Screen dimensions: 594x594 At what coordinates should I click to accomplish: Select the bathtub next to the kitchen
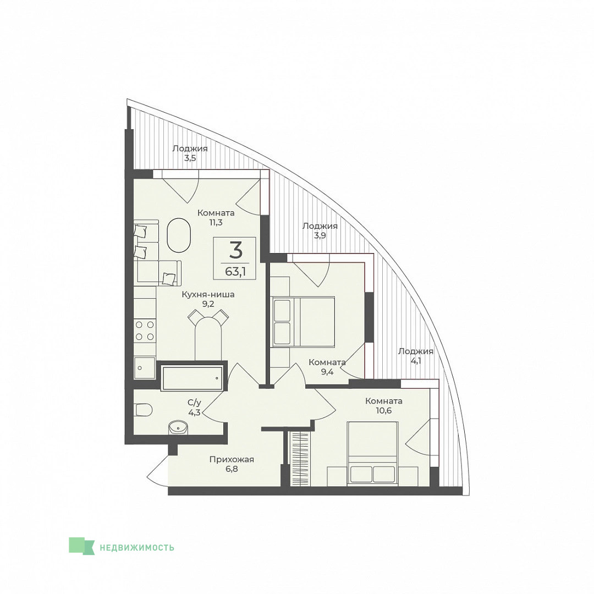[192, 378]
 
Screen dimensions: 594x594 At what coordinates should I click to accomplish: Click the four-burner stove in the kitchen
[145, 331]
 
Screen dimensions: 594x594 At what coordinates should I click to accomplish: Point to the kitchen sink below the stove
[144, 367]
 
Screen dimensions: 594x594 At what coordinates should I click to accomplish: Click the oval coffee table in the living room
[179, 235]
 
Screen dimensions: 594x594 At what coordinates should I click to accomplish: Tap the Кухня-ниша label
[208, 294]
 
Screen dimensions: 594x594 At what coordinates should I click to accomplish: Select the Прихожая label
[232, 459]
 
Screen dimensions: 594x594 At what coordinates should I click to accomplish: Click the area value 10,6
[383, 410]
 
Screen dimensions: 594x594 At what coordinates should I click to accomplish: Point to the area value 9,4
[327, 372]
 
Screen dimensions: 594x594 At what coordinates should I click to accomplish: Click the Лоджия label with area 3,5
[190, 148]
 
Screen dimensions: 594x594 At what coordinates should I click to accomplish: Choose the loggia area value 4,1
[416, 361]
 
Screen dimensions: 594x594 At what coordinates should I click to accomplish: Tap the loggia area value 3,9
[320, 235]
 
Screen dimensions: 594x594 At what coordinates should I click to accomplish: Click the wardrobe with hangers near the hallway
[300, 458]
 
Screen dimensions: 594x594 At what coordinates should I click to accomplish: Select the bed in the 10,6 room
[372, 453]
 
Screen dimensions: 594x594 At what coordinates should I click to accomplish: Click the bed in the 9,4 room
[303, 322]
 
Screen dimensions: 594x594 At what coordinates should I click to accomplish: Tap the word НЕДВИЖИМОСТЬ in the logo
[137, 547]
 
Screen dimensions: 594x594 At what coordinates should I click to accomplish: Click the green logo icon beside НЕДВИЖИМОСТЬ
[81, 546]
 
